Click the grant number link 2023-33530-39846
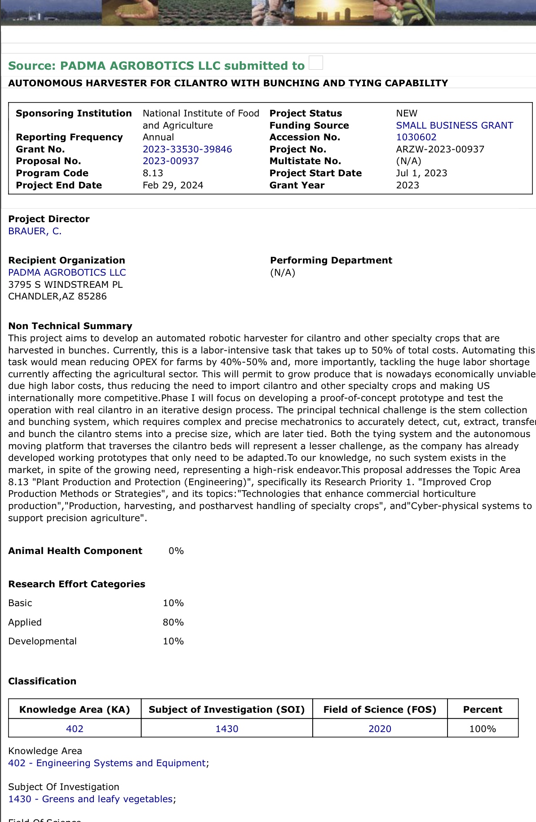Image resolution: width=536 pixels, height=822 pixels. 187,149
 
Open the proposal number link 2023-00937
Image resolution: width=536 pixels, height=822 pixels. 171,161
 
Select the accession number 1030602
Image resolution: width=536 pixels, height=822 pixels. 416,137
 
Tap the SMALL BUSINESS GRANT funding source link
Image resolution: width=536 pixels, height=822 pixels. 454,125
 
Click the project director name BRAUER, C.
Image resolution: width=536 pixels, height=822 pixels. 35,231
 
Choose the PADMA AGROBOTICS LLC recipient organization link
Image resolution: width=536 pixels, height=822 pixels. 67,273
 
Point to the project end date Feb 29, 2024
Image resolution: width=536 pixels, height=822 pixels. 173,185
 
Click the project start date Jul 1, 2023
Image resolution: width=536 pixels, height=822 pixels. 421,173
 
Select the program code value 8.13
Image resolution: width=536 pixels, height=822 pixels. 153,173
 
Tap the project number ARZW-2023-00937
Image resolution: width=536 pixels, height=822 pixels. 440,149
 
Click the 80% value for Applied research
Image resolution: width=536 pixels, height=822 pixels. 173,622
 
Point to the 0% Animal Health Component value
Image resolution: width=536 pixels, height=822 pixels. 176,551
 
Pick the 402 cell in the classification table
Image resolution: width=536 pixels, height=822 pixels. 75,729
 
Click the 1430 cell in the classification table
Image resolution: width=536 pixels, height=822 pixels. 227,729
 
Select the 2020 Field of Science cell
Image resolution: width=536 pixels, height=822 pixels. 380,729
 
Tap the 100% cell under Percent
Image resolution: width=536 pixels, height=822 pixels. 483,729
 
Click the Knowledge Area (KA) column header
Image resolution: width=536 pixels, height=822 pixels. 75,710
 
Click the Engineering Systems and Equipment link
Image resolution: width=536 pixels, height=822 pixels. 107,763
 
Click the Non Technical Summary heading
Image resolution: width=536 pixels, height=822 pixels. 70,326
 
